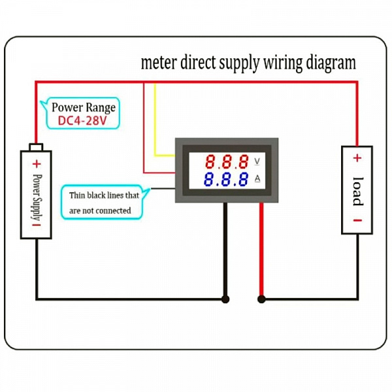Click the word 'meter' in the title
pos(158,63)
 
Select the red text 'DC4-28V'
pos(82,121)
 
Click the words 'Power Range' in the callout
pos(84,108)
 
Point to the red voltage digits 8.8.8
pos(227,161)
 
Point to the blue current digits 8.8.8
pos(226,179)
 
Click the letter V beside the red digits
pos(257,161)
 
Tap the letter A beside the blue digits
pos(257,178)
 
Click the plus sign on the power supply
pos(37,164)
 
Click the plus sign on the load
pos(357,158)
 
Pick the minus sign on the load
pos(357,220)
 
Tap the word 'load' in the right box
pos(358,191)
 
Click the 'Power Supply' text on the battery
pos(37,197)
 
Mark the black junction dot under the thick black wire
pos(225,299)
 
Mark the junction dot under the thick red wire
pos(261,299)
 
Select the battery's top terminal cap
pos(36,147)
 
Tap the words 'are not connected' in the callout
pos(100,211)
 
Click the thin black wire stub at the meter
pos(163,189)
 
